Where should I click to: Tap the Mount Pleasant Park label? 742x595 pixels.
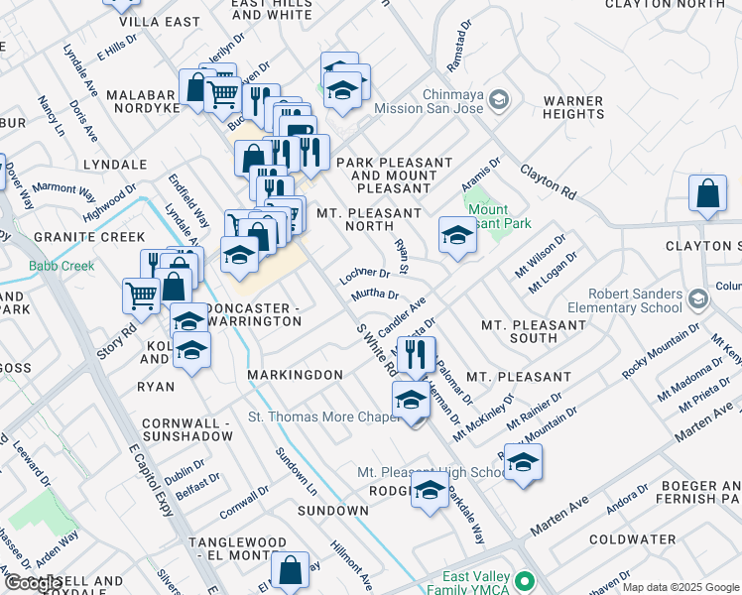coord(488,216)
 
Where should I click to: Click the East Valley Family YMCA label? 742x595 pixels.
coord(476,584)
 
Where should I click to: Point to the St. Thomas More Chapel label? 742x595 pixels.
coord(323,416)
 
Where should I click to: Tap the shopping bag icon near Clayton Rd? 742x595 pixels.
coord(708,194)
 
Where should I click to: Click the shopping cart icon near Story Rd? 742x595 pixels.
coord(141,294)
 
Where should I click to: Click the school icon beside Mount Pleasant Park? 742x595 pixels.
coord(456,235)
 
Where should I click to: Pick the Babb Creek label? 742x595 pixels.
coord(62,266)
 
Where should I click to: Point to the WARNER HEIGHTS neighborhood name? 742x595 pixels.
coord(573,108)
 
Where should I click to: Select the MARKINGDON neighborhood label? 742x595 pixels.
coord(295,375)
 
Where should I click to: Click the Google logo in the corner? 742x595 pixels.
coord(33,583)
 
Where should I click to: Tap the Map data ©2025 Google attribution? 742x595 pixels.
coord(680,587)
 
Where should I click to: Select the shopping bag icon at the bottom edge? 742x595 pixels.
coord(290,570)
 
